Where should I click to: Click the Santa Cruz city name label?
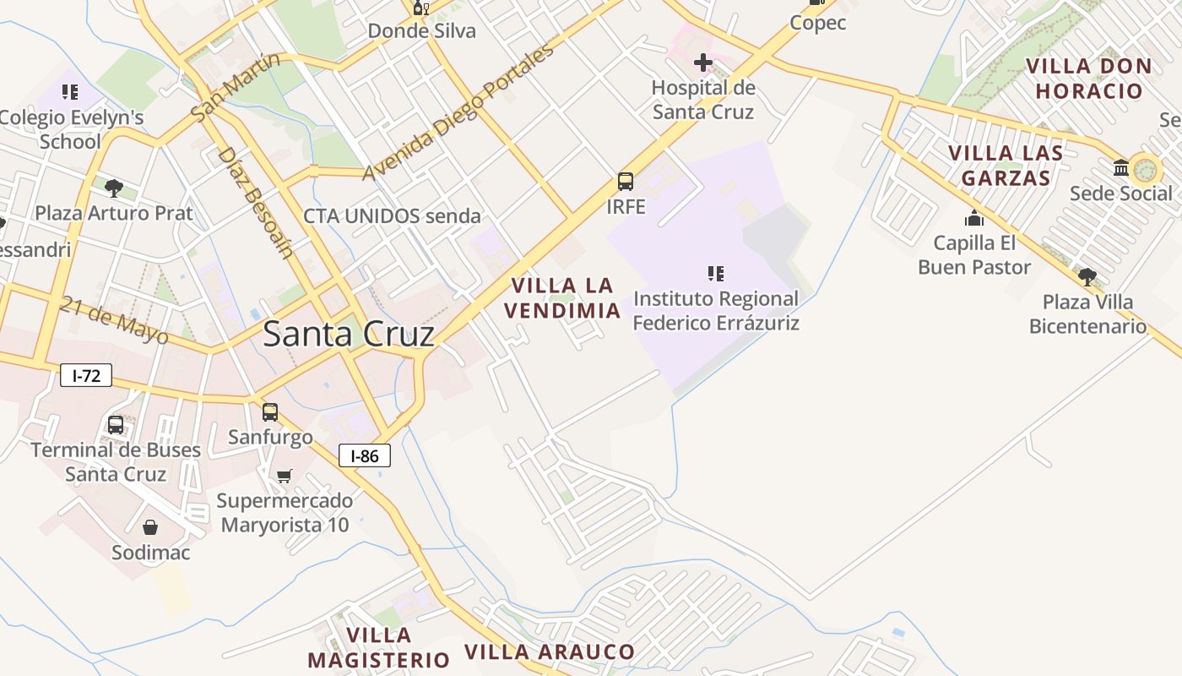(x=349, y=334)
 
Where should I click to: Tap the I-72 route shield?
(x=86, y=375)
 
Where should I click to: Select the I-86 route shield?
(x=365, y=456)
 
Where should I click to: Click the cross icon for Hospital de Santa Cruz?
(x=702, y=63)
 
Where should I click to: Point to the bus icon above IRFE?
(x=626, y=181)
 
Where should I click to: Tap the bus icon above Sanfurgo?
(x=270, y=412)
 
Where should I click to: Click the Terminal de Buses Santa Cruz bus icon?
(x=116, y=424)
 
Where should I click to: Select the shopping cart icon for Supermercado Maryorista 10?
(x=285, y=476)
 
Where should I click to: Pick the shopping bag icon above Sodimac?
(x=150, y=528)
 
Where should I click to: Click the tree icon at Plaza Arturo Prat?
(x=113, y=188)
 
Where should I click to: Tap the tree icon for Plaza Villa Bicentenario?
(x=1087, y=276)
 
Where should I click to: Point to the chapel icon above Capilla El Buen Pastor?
(x=974, y=218)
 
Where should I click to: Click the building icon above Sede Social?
(x=1121, y=168)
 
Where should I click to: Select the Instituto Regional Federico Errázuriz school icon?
(x=716, y=273)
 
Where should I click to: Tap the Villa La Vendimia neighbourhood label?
(x=562, y=297)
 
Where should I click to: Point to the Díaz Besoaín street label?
(x=255, y=202)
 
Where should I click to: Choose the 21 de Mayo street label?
(x=115, y=319)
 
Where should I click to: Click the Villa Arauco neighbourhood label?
(x=550, y=651)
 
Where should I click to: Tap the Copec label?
(x=817, y=23)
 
